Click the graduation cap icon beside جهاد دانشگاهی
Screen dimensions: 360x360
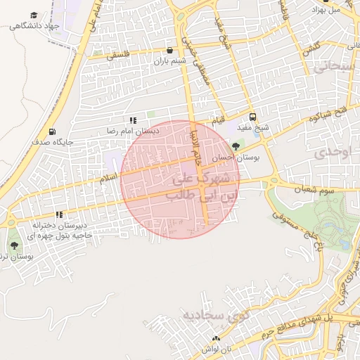pos(34,15)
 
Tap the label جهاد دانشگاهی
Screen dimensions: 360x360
pos(33,26)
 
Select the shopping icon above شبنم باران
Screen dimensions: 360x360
pos(170,50)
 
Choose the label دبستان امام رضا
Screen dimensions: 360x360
pos(133,131)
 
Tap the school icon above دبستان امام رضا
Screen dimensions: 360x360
pos(133,121)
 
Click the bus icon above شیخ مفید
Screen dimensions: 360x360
pos(252,117)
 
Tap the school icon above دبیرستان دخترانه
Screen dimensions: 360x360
pos(59,214)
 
